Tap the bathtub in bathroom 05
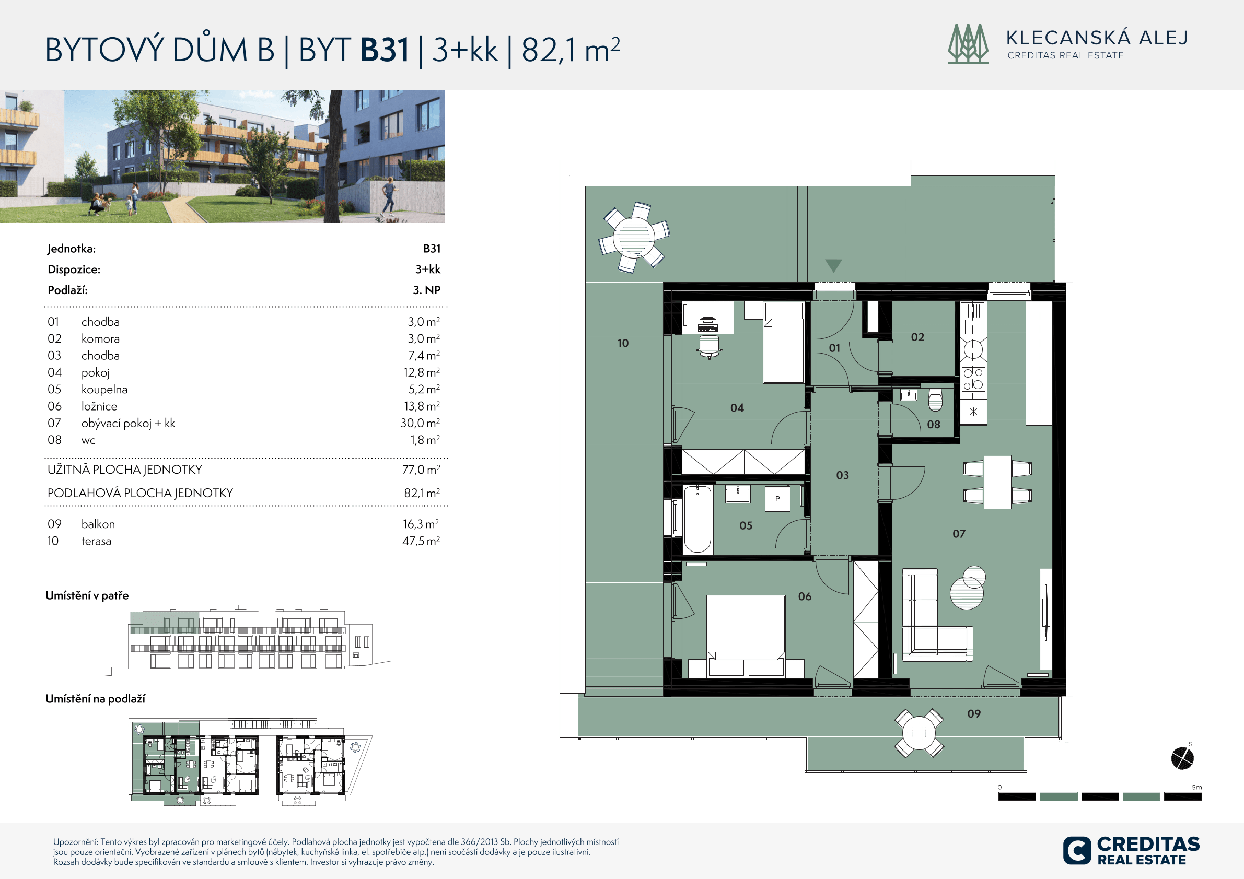(x=697, y=519)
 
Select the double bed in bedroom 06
(x=746, y=636)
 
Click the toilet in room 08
(x=935, y=399)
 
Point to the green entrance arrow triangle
(x=833, y=265)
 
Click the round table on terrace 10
(x=634, y=237)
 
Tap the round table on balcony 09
(x=919, y=733)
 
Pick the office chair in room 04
(x=709, y=346)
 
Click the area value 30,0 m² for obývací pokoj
(x=420, y=423)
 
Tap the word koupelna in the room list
(x=104, y=390)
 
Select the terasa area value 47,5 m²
(x=421, y=541)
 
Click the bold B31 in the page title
(x=385, y=50)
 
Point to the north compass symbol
(x=1182, y=758)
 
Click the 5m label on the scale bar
(x=1197, y=787)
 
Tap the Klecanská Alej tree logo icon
(x=968, y=44)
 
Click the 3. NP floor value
(x=426, y=290)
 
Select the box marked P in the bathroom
(x=777, y=499)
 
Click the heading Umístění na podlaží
(x=96, y=699)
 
